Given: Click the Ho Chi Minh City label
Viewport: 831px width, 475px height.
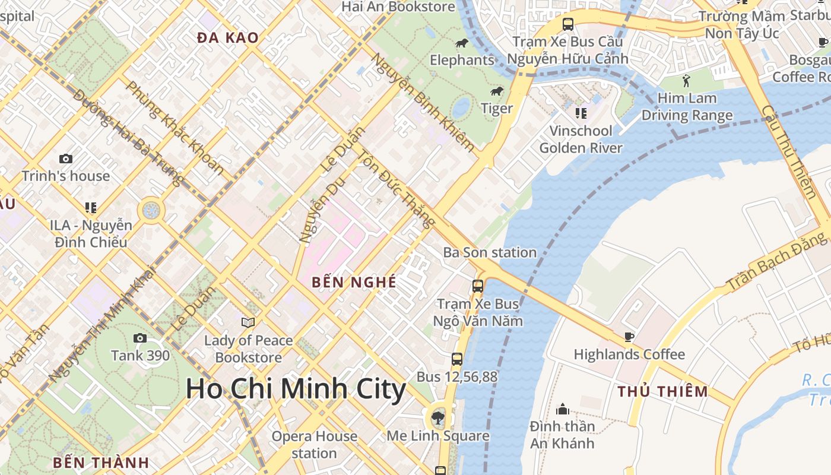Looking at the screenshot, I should pyautogui.click(x=296, y=389).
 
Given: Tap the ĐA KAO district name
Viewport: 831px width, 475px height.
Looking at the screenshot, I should pyautogui.click(x=228, y=38).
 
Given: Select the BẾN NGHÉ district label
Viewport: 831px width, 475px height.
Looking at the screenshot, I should pyautogui.click(x=354, y=282).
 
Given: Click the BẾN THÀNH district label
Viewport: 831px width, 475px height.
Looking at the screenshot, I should pyautogui.click(x=100, y=463).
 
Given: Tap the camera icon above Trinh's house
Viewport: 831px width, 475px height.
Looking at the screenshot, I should pyautogui.click(x=66, y=159).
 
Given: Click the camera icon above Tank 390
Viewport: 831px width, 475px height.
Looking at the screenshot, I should pyautogui.click(x=140, y=338).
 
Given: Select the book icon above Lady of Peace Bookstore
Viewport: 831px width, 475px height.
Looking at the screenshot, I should pyautogui.click(x=248, y=322).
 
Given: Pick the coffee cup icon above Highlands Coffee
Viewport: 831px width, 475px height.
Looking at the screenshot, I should pyautogui.click(x=629, y=337).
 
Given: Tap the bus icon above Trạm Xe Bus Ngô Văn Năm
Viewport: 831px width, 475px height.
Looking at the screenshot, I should pyautogui.click(x=478, y=286).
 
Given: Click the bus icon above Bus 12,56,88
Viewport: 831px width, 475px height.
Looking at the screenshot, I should pyautogui.click(x=456, y=359).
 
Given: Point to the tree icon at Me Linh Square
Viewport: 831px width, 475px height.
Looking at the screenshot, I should pyautogui.click(x=438, y=417).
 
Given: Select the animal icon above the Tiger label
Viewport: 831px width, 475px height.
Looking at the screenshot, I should pyautogui.click(x=497, y=91).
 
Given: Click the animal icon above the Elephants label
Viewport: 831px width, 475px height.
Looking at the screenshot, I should pyautogui.click(x=462, y=43).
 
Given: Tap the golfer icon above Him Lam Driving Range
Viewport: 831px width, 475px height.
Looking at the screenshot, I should pyautogui.click(x=687, y=80).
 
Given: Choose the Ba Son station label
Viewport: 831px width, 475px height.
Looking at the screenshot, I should pyautogui.click(x=490, y=252).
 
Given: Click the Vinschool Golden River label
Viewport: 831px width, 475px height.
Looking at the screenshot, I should pyautogui.click(x=581, y=139).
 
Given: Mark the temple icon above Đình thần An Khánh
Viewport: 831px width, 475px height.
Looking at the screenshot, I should pyautogui.click(x=562, y=408).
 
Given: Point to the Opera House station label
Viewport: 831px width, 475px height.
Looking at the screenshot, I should pyautogui.click(x=315, y=444).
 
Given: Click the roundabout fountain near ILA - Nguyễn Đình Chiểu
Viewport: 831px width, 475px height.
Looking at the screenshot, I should pyautogui.click(x=151, y=210).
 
